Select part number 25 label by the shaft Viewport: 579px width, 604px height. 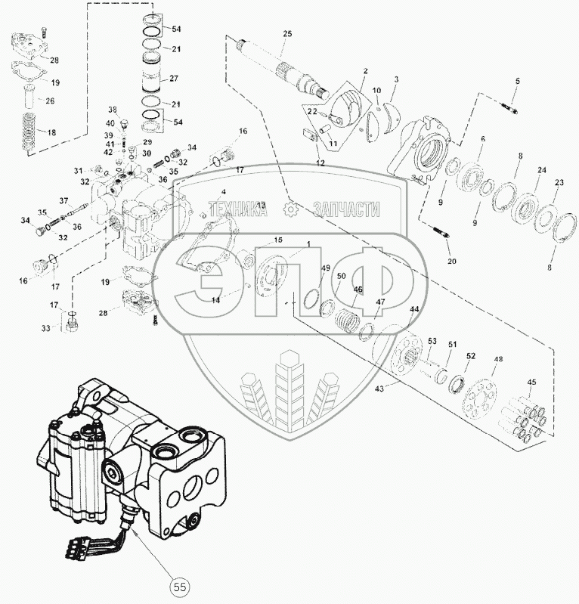point(286,35)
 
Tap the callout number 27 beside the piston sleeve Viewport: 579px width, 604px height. point(174,78)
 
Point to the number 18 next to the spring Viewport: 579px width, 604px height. point(51,132)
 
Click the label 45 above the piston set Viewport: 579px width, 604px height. point(531,382)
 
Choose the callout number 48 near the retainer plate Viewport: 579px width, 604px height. point(497,361)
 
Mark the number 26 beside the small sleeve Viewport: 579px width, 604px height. point(50,101)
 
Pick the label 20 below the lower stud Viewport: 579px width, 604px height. point(453,261)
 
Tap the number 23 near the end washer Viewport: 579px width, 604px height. point(559,182)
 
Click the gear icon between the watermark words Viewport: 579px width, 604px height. point(287,210)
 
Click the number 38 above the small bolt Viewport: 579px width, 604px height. point(113,109)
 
